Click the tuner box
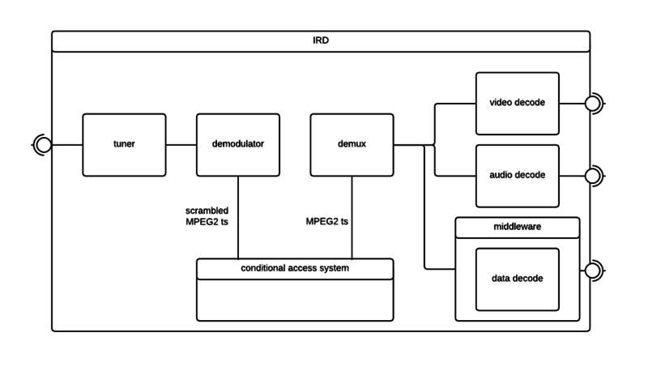coord(124,145)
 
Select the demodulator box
coord(237,145)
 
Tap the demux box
coord(352,145)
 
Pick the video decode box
coord(517,104)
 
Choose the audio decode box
coord(517,174)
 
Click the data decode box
coord(517,279)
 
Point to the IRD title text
coord(321,41)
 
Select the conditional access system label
coord(295,267)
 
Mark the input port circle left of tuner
coord(43,145)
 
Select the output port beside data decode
coord(595,269)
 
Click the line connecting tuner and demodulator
coord(181,145)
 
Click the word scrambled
coord(207,211)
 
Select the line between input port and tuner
coord(67,145)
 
